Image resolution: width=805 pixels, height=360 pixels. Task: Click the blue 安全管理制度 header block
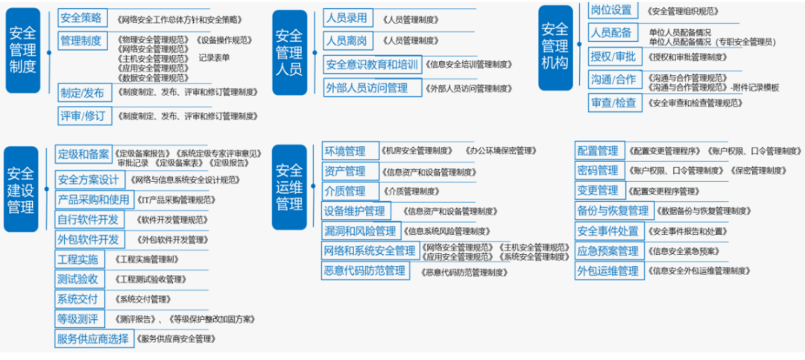(x=23, y=51)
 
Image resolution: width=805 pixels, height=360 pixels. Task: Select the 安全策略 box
(x=83, y=17)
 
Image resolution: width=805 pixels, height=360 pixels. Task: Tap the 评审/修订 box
(x=83, y=116)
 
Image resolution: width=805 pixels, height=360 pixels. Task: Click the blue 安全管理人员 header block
(x=289, y=52)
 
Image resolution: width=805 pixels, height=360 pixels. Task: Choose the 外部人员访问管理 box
(x=367, y=88)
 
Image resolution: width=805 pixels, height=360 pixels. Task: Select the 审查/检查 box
(x=613, y=103)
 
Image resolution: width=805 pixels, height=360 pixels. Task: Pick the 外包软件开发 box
(x=88, y=240)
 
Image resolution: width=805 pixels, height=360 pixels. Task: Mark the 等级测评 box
(x=78, y=320)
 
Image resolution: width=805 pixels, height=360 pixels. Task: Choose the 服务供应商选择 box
(x=93, y=339)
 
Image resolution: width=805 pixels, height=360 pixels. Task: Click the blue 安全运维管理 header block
(x=289, y=186)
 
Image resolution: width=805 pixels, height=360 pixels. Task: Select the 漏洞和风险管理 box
(x=360, y=231)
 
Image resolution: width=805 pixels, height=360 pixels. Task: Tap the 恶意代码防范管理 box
(x=364, y=271)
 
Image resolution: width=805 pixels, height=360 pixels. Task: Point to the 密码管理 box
(x=598, y=171)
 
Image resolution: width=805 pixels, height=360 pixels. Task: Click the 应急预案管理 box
(x=607, y=251)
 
